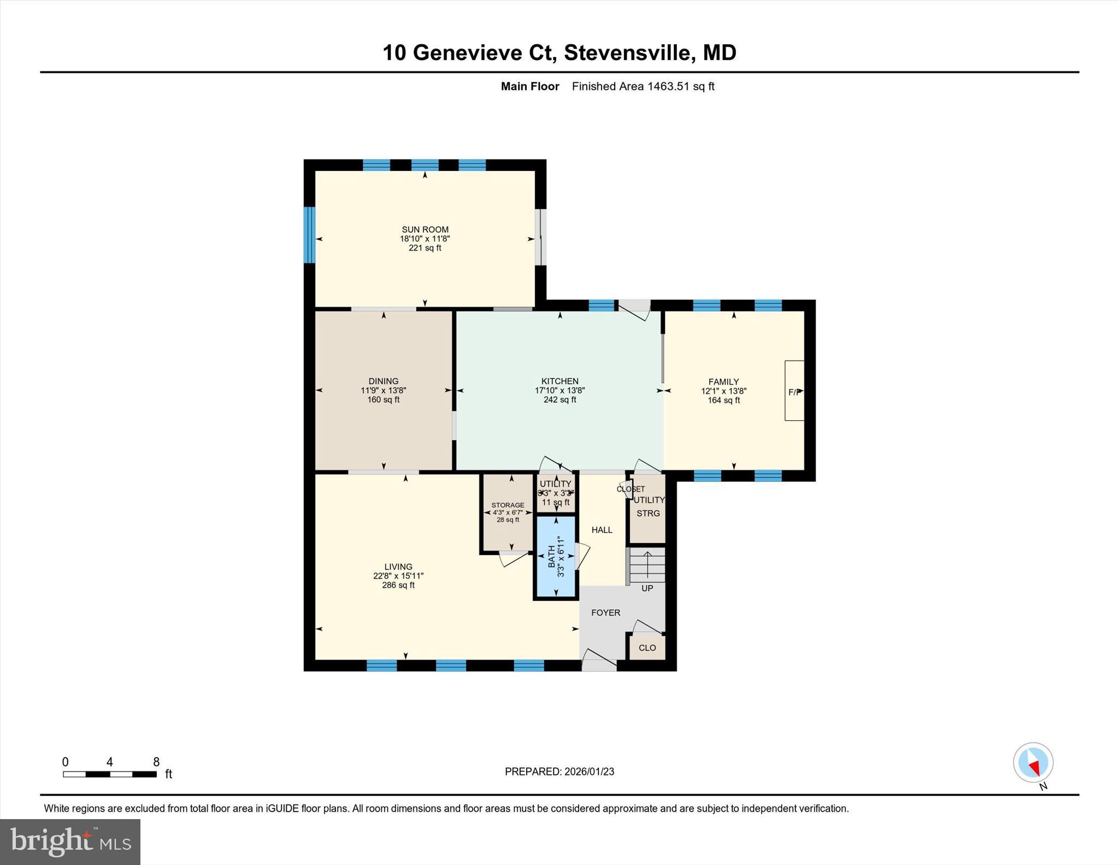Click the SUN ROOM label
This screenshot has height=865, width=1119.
click(x=425, y=230)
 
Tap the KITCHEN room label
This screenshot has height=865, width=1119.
click(x=559, y=381)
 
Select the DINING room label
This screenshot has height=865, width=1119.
click(x=383, y=381)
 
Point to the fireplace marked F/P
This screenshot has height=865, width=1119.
click(x=794, y=391)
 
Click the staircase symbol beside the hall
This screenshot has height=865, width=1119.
click(x=647, y=566)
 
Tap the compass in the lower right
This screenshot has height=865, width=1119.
click(x=1033, y=762)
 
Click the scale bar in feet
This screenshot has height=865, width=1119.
click(x=110, y=774)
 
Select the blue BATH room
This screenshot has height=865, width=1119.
click(x=556, y=556)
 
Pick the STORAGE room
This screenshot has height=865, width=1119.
click(x=508, y=513)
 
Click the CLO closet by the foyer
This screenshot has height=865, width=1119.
click(x=647, y=648)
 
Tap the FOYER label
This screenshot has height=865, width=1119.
click(x=605, y=613)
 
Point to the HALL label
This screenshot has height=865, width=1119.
click(x=602, y=529)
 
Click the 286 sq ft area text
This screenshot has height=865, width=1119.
click(x=398, y=585)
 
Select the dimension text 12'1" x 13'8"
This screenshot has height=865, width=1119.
click(x=723, y=391)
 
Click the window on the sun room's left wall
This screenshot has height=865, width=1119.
click(x=309, y=234)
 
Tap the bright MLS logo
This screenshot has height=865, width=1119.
click(x=70, y=842)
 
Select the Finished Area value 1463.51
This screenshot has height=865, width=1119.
click(x=667, y=86)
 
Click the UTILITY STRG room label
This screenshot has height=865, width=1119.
click(x=649, y=507)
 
